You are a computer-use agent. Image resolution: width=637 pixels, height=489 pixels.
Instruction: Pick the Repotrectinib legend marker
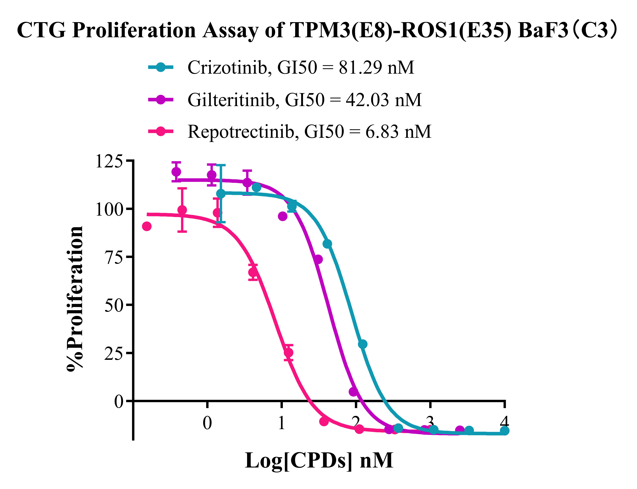(160, 131)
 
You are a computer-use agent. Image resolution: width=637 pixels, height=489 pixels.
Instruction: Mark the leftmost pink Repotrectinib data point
(147, 226)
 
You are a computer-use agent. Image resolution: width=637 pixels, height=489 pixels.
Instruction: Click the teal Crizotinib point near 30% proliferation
(362, 344)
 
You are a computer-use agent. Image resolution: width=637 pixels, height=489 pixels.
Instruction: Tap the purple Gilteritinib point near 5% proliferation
(353, 392)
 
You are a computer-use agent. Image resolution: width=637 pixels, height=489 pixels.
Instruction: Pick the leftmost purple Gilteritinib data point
(176, 172)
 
